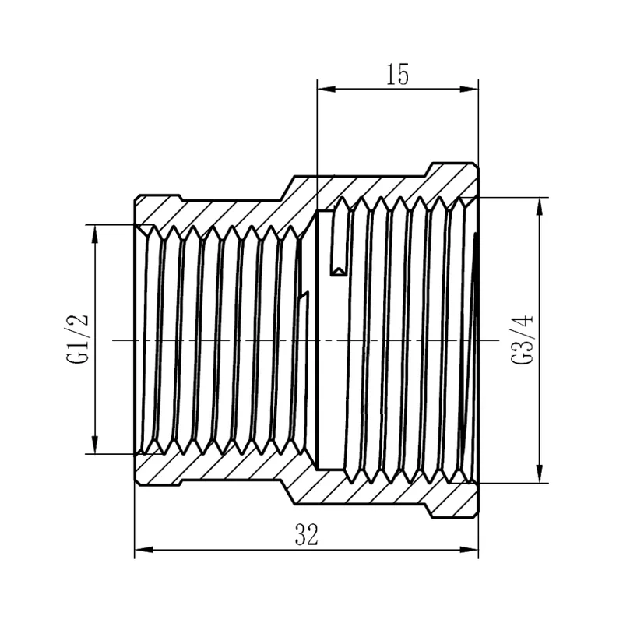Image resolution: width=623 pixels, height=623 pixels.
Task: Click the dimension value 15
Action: click(398, 75)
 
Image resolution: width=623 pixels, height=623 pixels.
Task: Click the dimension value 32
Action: click(307, 535)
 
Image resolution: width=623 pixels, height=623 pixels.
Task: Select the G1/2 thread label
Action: click(77, 339)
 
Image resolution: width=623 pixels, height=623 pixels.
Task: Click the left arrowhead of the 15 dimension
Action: click(326, 90)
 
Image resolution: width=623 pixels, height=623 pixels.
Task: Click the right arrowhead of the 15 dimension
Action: click(470, 90)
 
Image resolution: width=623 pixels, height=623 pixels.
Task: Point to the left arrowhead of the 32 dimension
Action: click(143, 550)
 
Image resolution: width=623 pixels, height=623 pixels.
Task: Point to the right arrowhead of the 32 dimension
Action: click(470, 550)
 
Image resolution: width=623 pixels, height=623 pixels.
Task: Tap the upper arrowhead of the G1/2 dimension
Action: click(94, 234)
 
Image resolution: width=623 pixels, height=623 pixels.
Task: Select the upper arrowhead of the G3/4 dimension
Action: click(540, 206)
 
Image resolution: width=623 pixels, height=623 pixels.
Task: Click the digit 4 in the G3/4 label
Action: click(522, 321)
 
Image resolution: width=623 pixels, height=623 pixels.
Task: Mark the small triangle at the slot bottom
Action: click(339, 271)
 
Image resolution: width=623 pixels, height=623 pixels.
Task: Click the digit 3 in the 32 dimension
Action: click(301, 535)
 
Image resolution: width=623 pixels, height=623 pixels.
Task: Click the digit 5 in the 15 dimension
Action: click(403, 75)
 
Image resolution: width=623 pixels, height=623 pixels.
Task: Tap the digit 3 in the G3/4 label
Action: click(522, 343)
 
